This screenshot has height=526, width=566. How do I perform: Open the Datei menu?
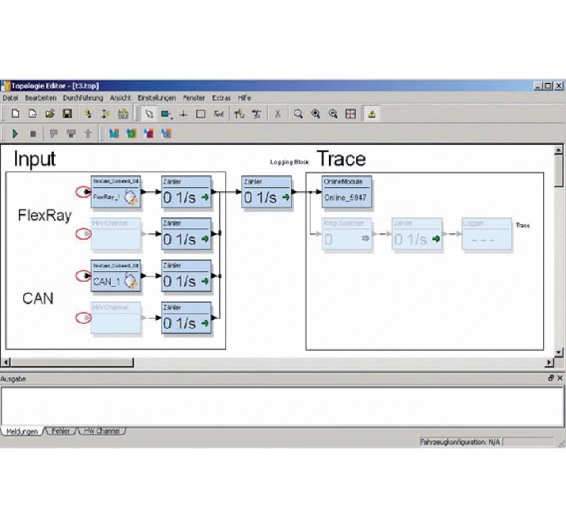coord(10,98)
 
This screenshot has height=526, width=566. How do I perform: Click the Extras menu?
coord(221,98)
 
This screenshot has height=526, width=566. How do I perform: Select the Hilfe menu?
coord(244,98)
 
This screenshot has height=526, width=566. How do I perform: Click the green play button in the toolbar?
coord(15,133)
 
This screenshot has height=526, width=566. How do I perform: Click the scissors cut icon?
coord(278,114)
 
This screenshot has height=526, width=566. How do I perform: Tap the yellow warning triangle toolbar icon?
coord(372,114)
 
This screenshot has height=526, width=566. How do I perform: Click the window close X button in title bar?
coord(559,86)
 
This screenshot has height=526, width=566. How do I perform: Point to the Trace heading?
coord(341,159)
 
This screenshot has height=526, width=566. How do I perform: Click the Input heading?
coord(34,159)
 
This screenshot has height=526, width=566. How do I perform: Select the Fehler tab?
coord(61,431)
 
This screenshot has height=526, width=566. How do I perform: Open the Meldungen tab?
coord(22,431)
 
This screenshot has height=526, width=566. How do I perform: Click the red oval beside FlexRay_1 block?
coord(83,192)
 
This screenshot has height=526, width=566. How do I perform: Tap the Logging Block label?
coord(289,162)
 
